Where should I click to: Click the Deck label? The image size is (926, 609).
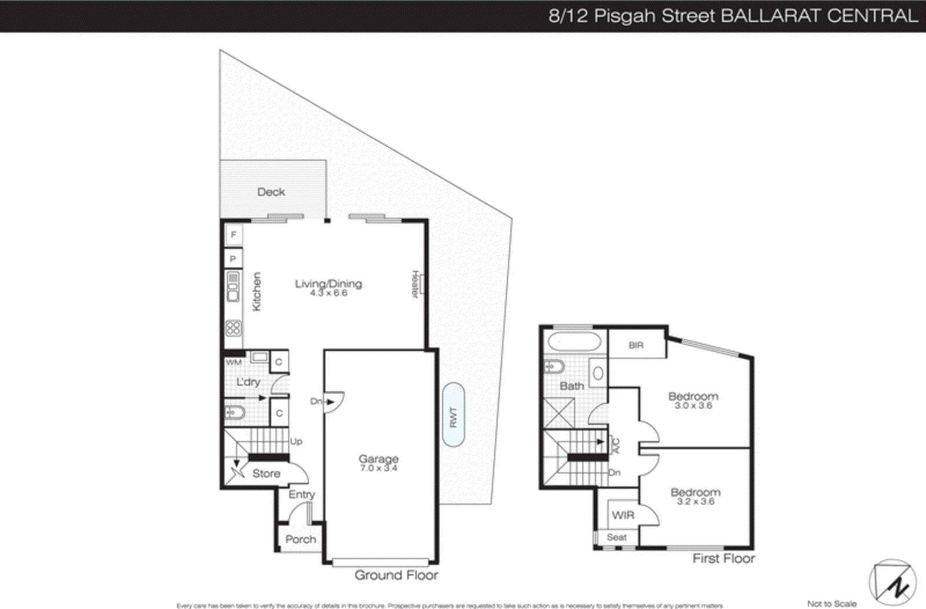pyautogui.click(x=271, y=192)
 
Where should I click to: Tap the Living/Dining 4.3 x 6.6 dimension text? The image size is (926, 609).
pyautogui.click(x=328, y=294)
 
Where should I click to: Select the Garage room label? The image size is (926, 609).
pyautogui.click(x=379, y=458)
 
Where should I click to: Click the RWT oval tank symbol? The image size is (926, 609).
pyautogui.click(x=453, y=415)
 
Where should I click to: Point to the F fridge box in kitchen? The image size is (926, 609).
pyautogui.click(x=233, y=234)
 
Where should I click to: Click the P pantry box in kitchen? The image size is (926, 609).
pyautogui.click(x=233, y=259)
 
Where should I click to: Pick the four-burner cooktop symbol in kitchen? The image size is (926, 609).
pyautogui.click(x=233, y=328)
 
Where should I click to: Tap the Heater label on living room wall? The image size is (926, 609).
pyautogui.click(x=415, y=285)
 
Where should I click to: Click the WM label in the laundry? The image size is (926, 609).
pyautogui.click(x=234, y=362)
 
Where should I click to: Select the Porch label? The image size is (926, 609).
pyautogui.click(x=300, y=539)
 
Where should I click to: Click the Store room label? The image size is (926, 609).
pyautogui.click(x=266, y=474)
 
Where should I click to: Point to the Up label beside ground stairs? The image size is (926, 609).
pyautogui.click(x=296, y=441)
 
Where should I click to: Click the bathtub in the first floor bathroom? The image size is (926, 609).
pyautogui.click(x=575, y=342)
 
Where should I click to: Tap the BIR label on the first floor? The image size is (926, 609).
pyautogui.click(x=636, y=345)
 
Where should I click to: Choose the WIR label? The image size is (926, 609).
pyautogui.click(x=623, y=515)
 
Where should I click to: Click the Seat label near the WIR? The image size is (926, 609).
pyautogui.click(x=616, y=537)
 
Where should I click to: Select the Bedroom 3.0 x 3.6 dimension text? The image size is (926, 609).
pyautogui.click(x=693, y=406)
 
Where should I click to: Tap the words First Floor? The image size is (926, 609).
pyautogui.click(x=723, y=558)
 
